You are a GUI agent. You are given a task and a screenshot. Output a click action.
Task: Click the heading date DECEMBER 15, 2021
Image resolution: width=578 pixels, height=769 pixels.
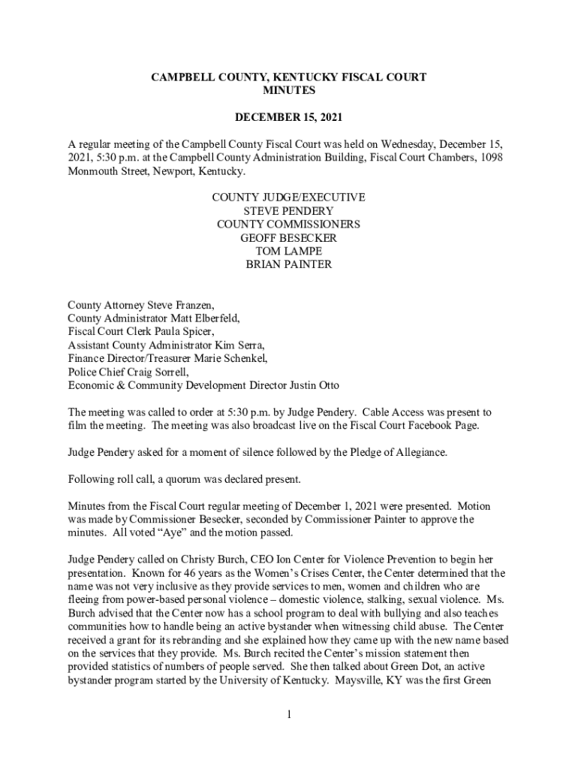click(289, 118)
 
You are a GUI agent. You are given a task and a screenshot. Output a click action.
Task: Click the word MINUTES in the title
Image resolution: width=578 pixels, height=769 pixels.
click(289, 90)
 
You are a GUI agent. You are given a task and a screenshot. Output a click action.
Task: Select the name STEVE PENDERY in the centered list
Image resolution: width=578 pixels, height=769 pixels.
click(289, 211)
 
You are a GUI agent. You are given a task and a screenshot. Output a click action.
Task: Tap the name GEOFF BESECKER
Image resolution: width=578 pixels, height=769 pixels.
click(289, 238)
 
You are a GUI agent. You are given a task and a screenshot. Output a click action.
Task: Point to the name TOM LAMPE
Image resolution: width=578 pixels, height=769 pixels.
click(289, 252)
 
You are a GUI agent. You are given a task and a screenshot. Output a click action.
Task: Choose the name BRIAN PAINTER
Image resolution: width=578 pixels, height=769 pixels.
click(289, 265)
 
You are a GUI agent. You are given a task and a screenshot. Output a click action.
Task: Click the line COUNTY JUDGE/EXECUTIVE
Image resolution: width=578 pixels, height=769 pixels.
click(289, 198)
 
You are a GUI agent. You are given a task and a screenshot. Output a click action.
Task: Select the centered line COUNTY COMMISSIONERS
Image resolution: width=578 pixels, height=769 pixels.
click(289, 225)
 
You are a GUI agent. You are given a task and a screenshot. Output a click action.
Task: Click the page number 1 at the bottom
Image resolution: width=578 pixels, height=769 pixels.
click(289, 713)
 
